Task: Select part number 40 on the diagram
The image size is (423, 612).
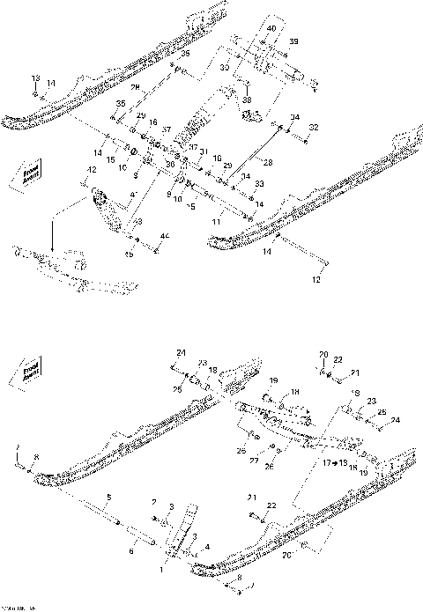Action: (x=271, y=29)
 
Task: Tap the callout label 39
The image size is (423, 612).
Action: (x=294, y=42)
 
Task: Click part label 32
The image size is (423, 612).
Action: (x=313, y=129)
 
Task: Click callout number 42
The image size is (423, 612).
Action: (x=91, y=169)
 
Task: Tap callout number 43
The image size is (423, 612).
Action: (x=137, y=223)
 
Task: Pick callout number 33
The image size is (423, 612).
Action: (x=258, y=186)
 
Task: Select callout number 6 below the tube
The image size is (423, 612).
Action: (x=131, y=552)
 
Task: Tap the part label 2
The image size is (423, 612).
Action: (x=154, y=502)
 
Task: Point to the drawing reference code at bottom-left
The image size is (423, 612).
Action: (x=16, y=607)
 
